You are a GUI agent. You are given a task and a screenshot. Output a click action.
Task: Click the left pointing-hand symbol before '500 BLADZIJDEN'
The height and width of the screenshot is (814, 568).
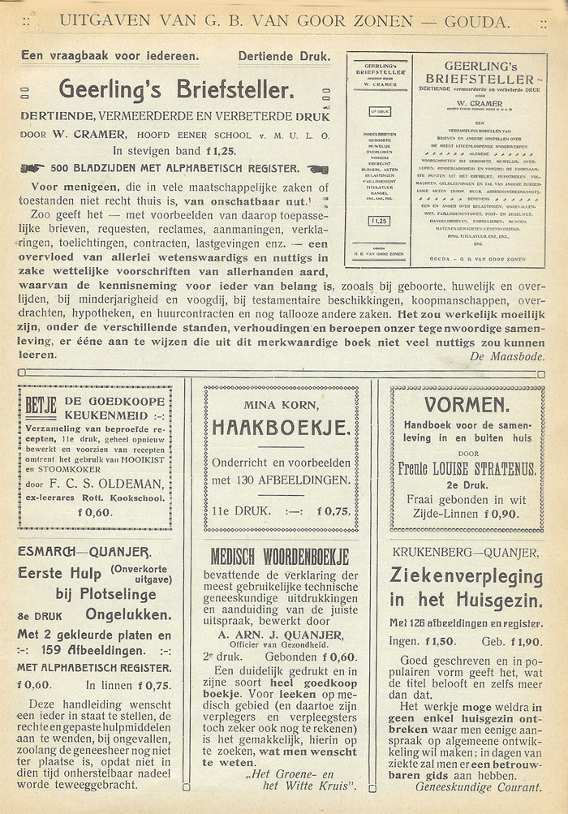32,169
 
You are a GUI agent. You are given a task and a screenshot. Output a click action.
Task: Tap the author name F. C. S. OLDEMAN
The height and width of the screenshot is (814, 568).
118,485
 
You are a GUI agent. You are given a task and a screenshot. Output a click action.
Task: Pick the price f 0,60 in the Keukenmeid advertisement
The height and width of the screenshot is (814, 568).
94,511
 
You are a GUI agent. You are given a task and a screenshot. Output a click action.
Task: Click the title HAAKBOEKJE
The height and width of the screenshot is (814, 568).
281,428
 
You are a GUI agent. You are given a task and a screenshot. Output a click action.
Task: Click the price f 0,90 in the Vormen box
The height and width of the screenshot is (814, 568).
506,512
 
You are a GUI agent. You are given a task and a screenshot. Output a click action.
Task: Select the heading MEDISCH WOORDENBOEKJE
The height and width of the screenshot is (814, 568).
280,557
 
